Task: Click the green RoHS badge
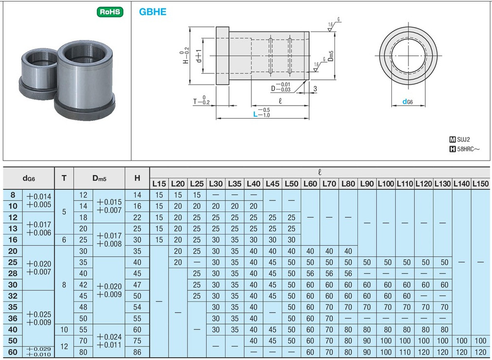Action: tap(110, 12)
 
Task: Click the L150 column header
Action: tap(480, 184)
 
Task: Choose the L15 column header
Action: tap(159, 184)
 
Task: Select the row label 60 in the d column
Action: tap(13, 352)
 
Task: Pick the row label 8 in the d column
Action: tap(13, 195)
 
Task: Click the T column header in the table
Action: tap(64, 178)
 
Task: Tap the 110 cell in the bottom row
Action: tap(404, 352)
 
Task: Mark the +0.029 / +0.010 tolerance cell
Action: tap(38, 352)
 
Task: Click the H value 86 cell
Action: tap(137, 352)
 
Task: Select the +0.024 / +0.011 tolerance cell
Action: tap(109, 341)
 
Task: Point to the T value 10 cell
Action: tap(64, 329)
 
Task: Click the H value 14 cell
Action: tap(137, 195)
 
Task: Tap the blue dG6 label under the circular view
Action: tap(408, 102)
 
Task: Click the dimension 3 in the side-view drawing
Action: tap(316, 89)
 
